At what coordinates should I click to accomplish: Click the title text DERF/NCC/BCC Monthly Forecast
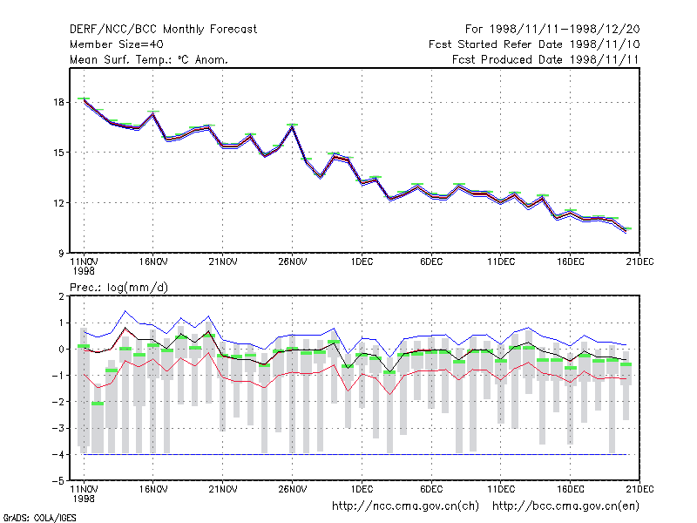coord(163,30)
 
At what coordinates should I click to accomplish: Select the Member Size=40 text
coord(117,44)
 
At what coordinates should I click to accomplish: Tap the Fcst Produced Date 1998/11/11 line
coord(545,59)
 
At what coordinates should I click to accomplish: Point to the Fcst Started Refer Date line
coord(534,44)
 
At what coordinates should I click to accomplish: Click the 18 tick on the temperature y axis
coord(58,102)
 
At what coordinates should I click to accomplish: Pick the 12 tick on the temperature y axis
coord(58,203)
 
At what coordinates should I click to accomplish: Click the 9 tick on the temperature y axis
coord(61,253)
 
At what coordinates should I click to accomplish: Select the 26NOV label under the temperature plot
coord(293,262)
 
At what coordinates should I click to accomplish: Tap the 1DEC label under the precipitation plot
coord(362,489)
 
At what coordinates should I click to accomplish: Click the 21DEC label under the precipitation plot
coord(639,489)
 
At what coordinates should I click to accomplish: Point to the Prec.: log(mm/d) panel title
coord(118,288)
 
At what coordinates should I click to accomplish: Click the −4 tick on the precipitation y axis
coord(58,454)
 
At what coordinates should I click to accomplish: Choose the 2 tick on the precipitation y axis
coord(61,296)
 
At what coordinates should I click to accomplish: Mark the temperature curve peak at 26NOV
coord(292,127)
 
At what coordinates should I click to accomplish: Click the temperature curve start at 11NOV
coord(84,100)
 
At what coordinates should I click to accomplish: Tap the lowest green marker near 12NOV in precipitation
coord(98,404)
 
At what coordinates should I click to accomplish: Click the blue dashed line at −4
coord(355,454)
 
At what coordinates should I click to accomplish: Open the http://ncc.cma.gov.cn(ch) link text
coord(405,506)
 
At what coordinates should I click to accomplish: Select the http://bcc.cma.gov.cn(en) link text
coord(565,506)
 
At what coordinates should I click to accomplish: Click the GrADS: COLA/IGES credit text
coord(39,518)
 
